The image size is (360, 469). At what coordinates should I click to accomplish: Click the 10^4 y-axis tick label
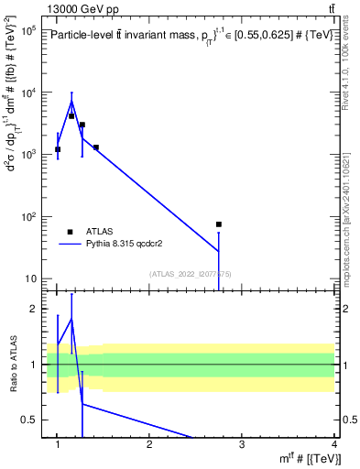click(27, 93)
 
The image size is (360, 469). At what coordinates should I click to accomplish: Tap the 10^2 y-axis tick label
click(27, 217)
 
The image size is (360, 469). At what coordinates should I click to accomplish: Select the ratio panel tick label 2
click(37, 310)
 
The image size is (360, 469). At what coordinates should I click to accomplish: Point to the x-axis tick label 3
click(242, 444)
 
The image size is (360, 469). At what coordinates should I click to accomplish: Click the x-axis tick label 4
click(333, 444)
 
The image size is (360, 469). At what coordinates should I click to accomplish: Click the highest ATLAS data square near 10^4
click(71, 116)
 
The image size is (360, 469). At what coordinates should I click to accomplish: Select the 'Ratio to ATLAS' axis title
click(12, 365)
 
